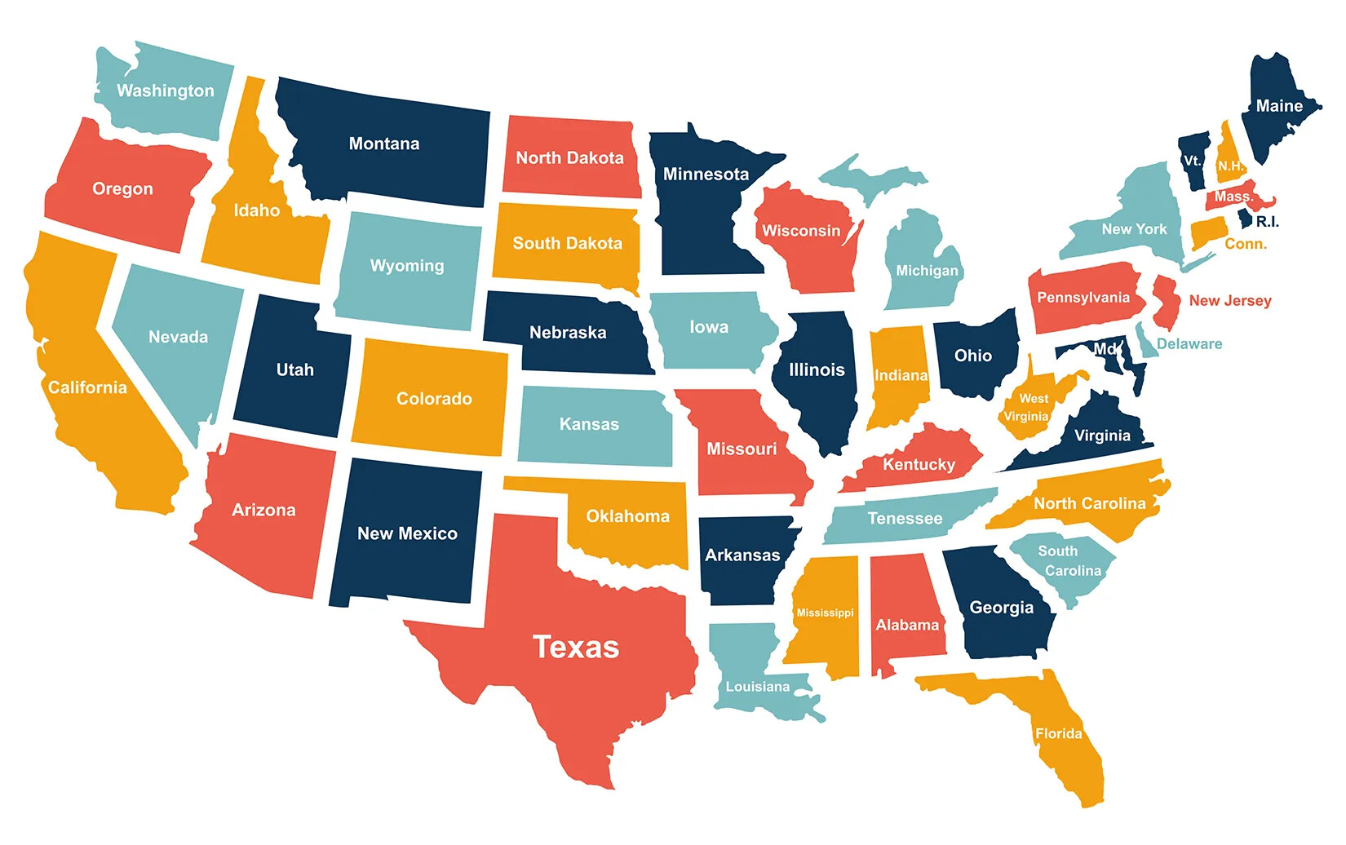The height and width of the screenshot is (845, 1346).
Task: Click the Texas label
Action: click(x=576, y=647)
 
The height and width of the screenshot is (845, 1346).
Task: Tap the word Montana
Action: click(x=384, y=144)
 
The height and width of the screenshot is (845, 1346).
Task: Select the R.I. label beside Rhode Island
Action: click(x=1267, y=222)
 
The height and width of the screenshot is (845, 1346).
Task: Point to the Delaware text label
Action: click(x=1189, y=343)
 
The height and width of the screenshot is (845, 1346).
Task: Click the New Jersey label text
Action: click(x=1230, y=300)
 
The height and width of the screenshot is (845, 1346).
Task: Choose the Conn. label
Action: click(x=1246, y=244)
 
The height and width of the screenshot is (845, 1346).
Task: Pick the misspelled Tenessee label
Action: click(x=905, y=518)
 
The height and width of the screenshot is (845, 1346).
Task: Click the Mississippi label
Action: click(x=825, y=613)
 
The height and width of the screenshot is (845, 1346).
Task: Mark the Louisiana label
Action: click(x=757, y=687)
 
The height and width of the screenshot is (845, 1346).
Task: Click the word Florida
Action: click(x=1059, y=733)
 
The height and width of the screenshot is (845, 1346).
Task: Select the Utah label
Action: click(x=294, y=369)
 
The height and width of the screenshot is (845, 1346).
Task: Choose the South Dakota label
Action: click(x=567, y=243)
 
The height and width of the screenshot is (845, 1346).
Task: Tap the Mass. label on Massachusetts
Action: click(x=1233, y=197)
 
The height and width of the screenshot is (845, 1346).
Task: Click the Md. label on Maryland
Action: click(x=1105, y=348)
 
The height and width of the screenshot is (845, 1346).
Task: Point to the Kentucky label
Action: click(x=919, y=464)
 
